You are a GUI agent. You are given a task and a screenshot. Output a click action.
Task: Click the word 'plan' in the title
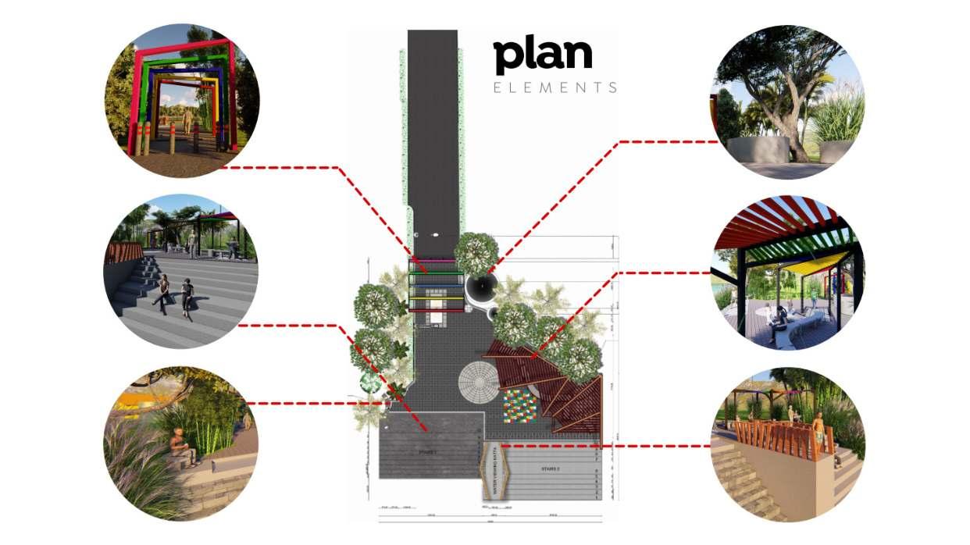click(542, 56)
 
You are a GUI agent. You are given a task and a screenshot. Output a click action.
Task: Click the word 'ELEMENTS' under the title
click(555, 87)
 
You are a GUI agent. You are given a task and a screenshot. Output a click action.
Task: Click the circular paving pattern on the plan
click(477, 382)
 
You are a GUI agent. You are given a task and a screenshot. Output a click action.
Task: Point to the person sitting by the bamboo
click(178, 447)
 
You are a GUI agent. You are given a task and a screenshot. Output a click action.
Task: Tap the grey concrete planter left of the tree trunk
click(757, 149)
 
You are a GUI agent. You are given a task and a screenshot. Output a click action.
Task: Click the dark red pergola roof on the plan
click(547, 383)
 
